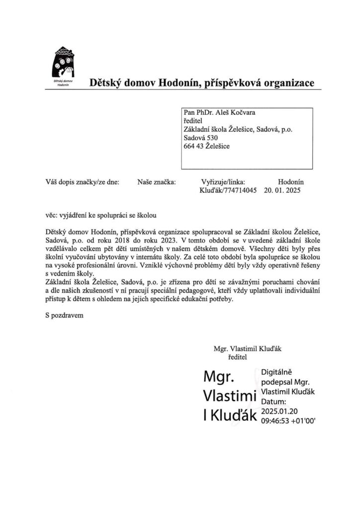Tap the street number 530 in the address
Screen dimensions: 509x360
[211, 138]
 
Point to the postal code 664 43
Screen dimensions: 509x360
[194, 146]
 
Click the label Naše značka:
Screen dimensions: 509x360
[156, 181]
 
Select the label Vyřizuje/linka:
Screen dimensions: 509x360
[223, 181]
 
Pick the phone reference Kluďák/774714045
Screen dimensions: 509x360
[228, 190]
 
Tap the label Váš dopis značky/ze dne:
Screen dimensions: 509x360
[82, 181]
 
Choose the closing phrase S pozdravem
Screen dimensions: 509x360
[63, 315]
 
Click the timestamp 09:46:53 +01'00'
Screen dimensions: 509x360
[288, 420]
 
